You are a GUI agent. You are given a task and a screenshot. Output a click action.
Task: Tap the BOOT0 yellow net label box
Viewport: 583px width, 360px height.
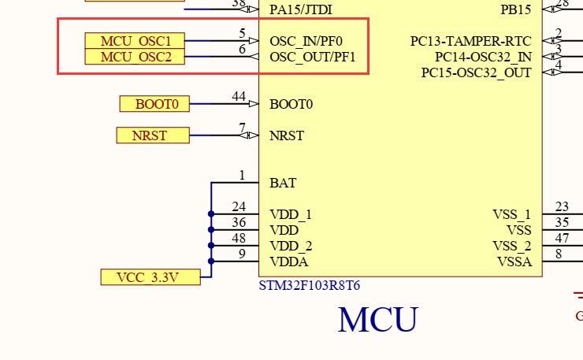(155, 104)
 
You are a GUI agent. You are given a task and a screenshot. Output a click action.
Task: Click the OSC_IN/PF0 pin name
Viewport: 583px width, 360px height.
(306, 41)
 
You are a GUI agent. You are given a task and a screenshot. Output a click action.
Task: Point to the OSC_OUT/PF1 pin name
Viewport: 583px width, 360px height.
(312, 57)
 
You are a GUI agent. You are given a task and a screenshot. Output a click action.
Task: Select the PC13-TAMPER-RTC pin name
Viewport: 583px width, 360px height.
(470, 41)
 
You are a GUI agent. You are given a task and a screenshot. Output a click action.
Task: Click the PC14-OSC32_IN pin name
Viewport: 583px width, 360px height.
(483, 57)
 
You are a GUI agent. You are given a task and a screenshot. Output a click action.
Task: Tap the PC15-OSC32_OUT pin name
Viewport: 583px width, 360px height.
(476, 72)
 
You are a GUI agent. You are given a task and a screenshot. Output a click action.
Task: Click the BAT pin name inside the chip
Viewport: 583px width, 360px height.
(283, 183)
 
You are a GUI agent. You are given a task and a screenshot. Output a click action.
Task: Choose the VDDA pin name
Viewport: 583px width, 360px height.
(289, 262)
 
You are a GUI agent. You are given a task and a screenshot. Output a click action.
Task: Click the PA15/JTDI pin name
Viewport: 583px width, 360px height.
(300, 9)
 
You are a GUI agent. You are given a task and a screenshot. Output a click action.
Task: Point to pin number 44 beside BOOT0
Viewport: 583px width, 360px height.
(239, 97)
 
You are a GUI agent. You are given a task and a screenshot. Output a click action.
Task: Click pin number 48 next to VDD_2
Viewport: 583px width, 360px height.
(239, 239)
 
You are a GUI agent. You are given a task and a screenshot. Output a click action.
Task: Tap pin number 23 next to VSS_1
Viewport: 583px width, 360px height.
(562, 207)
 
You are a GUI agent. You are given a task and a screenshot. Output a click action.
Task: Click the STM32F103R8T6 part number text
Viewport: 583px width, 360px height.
(310, 285)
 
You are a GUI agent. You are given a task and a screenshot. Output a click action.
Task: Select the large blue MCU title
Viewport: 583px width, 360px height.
(377, 320)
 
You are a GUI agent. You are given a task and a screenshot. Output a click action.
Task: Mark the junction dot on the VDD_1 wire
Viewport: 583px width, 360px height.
(211, 214)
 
